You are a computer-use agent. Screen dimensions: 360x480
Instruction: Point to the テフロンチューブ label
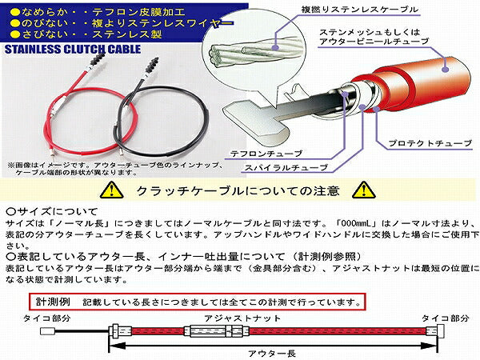pos(266,152)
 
